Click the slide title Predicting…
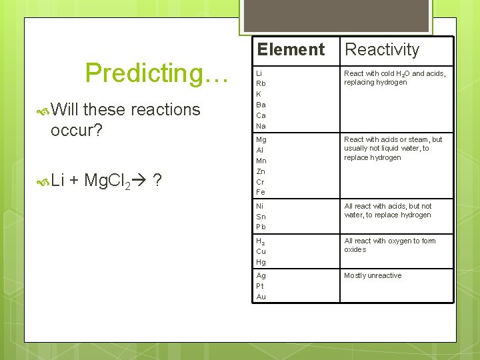tap(157, 73)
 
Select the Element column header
tap(291, 49)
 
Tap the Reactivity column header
tap(382, 49)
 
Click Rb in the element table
tap(261, 83)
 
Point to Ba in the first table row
tap(261, 105)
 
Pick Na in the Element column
tap(261, 126)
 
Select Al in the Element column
tap(261, 150)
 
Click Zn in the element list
tap(261, 171)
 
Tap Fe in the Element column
tap(261, 192)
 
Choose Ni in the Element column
tap(261, 206)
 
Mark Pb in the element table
tap(261, 227)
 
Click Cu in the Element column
tap(261, 251)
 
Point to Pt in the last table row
tap(261, 286)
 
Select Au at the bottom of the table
tap(261, 297)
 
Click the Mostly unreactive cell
tap(373, 275)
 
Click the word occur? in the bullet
tap(76, 129)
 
